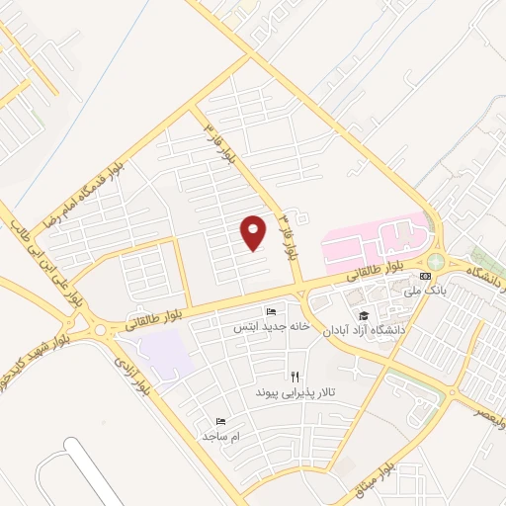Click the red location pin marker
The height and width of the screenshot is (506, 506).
254,232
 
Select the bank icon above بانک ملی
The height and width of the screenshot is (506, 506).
425,276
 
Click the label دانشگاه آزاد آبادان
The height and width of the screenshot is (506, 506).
361,330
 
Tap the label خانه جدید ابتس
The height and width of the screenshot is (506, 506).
272,325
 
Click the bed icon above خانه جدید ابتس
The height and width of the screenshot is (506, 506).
272,311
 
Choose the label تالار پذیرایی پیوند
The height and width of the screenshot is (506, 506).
295,392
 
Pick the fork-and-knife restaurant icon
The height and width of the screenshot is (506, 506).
295,377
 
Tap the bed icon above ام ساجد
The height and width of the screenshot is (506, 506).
220,421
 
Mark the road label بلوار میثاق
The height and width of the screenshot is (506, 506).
375,477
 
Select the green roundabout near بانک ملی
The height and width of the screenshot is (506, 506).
436,261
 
